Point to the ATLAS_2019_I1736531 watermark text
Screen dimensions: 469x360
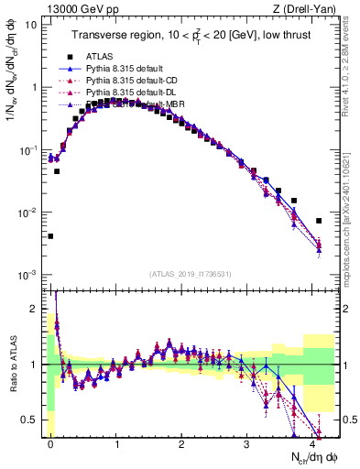[190, 273]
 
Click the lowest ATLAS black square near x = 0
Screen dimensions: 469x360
[50, 236]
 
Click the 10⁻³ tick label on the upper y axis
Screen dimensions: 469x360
[27, 276]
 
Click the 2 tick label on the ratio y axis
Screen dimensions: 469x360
[34, 309]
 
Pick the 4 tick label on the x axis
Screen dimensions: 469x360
[313, 442]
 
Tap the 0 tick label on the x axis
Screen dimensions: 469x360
[50, 442]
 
